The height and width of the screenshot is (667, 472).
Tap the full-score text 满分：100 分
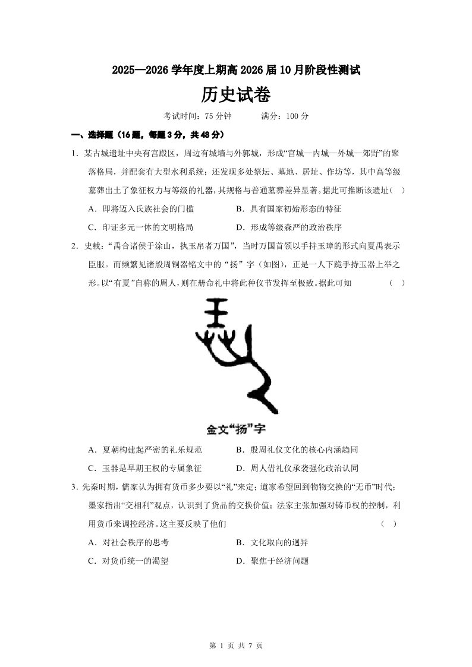(285, 116)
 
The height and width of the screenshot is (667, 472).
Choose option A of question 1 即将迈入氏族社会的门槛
(140, 208)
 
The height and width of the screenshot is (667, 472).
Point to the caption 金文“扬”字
(235, 428)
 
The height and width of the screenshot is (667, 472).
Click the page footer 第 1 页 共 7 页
(236, 646)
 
